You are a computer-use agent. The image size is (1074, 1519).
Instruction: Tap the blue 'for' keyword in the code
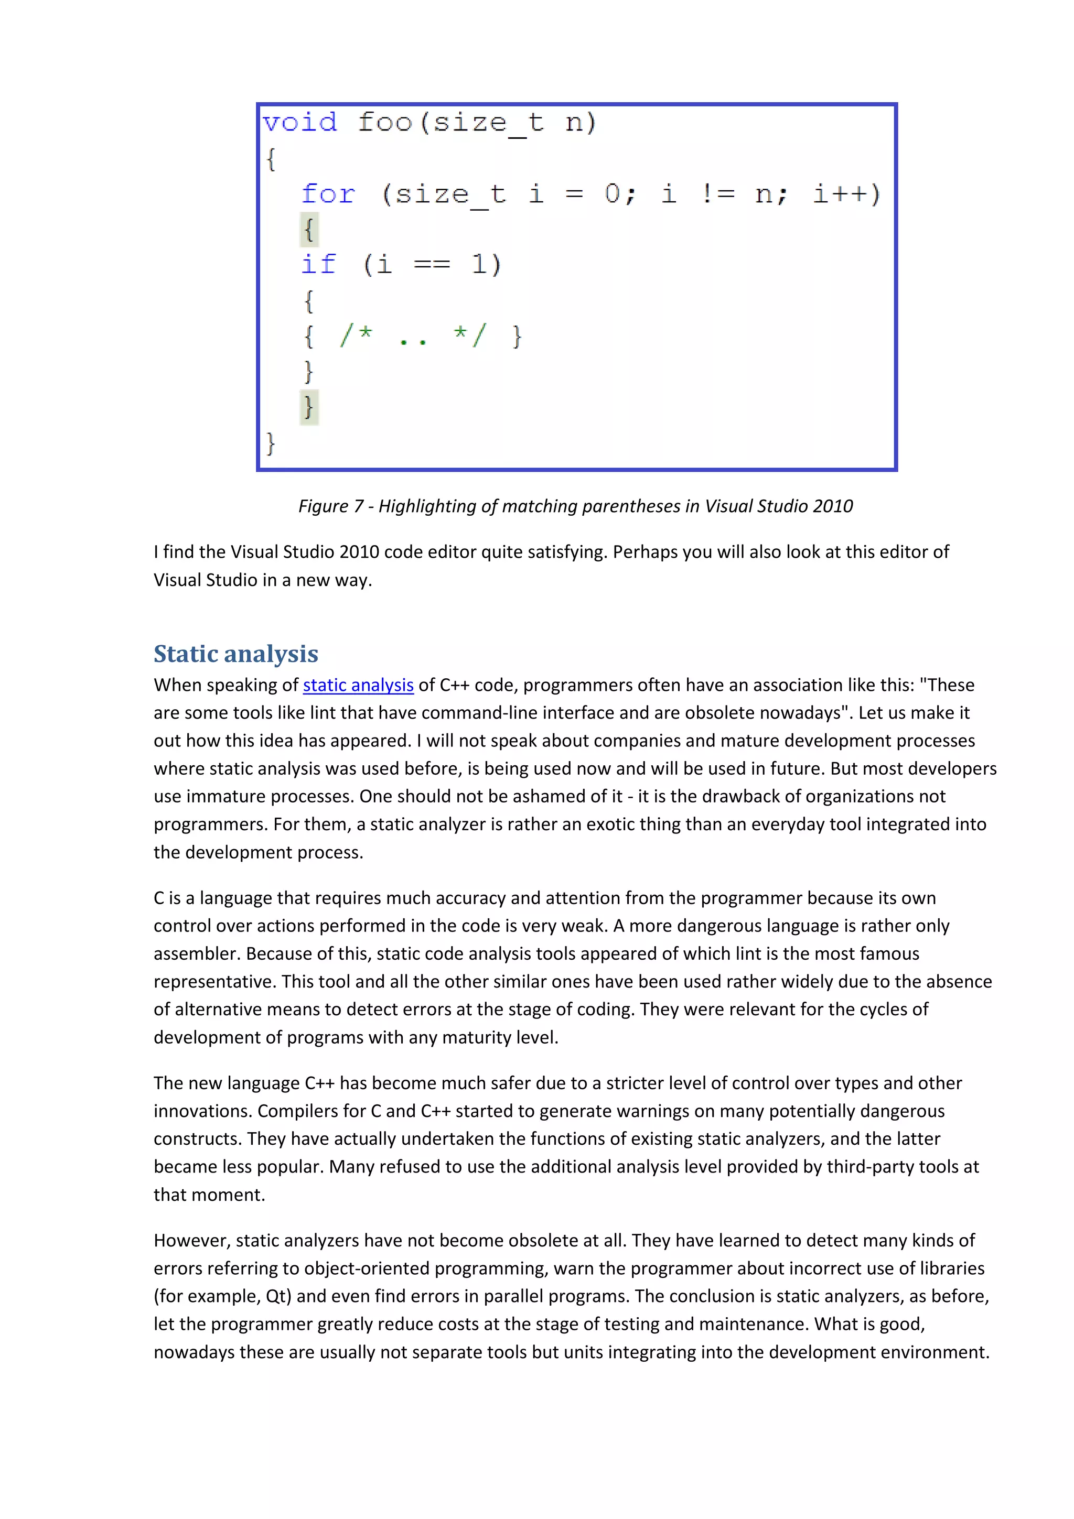point(328,194)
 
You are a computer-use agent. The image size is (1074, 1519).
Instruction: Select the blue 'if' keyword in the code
point(319,264)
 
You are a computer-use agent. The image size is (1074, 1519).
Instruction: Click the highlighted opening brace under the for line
point(309,230)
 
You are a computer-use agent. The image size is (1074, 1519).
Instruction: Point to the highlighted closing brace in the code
point(309,406)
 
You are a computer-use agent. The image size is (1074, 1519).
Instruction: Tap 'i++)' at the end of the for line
point(846,194)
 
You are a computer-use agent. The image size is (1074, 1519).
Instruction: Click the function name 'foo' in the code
point(384,123)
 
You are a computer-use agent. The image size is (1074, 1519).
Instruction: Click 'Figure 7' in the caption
point(330,506)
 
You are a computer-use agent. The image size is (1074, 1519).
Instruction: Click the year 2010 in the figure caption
point(832,506)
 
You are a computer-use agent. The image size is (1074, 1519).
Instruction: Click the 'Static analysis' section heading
point(235,654)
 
